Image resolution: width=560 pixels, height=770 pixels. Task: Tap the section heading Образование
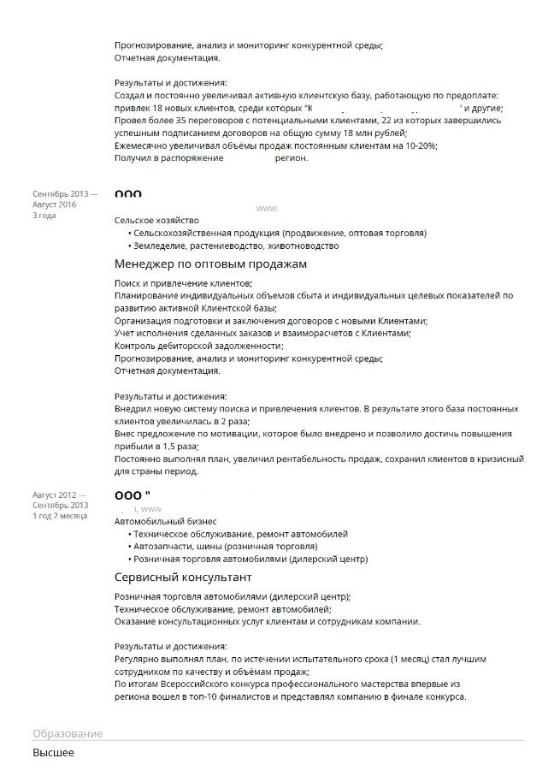pyautogui.click(x=68, y=734)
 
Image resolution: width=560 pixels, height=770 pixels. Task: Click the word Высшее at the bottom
pyautogui.click(x=53, y=753)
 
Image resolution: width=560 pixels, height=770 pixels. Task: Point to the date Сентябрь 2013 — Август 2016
pyautogui.click(x=65, y=199)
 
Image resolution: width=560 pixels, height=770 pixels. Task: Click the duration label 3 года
pyautogui.click(x=44, y=216)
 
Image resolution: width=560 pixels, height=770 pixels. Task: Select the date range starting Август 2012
pyautogui.click(x=61, y=500)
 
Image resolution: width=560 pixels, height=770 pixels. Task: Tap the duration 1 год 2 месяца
pyautogui.click(x=60, y=516)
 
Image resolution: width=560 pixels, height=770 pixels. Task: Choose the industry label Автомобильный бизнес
pyautogui.click(x=165, y=521)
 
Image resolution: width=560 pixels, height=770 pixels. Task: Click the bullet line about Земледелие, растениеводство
pyautogui.click(x=235, y=246)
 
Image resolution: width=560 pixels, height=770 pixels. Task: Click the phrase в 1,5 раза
pyautogui.click(x=173, y=447)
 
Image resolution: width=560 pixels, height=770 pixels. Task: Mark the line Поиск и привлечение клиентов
pyautogui.click(x=183, y=282)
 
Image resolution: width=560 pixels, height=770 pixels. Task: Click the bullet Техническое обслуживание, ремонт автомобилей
pyautogui.click(x=240, y=534)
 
